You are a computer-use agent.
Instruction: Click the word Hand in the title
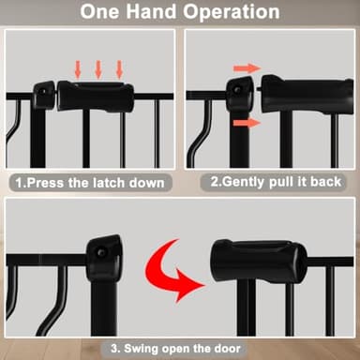click(x=151, y=11)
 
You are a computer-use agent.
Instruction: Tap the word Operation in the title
click(x=232, y=13)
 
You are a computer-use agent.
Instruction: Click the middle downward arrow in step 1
click(x=98, y=69)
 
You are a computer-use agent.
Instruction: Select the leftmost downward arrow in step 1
click(x=78, y=69)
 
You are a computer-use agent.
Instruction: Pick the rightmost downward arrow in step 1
click(x=119, y=69)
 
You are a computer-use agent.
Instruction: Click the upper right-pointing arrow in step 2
click(x=247, y=68)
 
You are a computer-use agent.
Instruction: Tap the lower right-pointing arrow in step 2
click(x=247, y=123)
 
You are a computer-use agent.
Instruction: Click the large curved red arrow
click(x=171, y=270)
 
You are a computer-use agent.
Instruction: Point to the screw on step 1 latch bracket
click(x=43, y=92)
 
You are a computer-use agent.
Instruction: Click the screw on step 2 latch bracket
click(x=237, y=90)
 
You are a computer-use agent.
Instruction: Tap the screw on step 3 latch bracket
click(x=100, y=252)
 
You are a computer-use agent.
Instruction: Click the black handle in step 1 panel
click(x=96, y=96)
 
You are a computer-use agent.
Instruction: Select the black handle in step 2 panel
click(x=307, y=95)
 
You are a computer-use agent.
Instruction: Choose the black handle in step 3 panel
click(x=259, y=260)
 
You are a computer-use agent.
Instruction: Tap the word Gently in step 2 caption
click(x=244, y=182)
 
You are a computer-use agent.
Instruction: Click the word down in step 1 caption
click(x=147, y=183)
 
